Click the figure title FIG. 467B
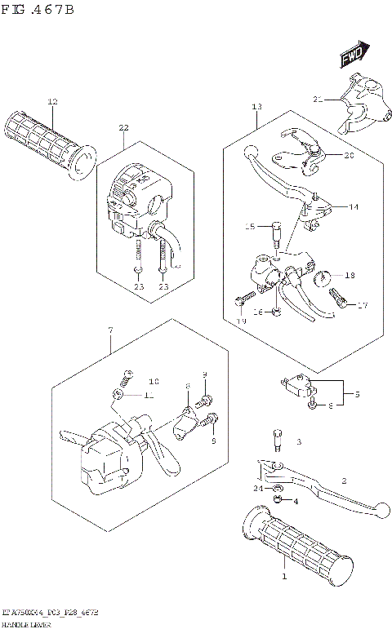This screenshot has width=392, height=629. coord(39,10)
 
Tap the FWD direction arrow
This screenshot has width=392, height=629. coord(351,55)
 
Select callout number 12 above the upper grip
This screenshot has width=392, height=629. coord(52,102)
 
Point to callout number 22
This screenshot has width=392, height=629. coord(123,128)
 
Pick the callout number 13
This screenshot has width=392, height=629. coord(256,107)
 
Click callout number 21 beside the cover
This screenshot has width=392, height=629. coord(318,100)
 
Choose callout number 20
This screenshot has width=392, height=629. coord(349,155)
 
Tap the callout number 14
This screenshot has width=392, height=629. coord(354,207)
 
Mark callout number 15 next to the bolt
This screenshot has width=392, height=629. coord(251,226)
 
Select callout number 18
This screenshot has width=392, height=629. coord(350,276)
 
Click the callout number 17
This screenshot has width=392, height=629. coord(362,306)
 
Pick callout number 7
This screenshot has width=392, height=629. coord(109,330)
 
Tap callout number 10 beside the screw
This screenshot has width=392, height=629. coord(154,381)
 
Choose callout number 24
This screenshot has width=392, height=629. coord(258,488)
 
